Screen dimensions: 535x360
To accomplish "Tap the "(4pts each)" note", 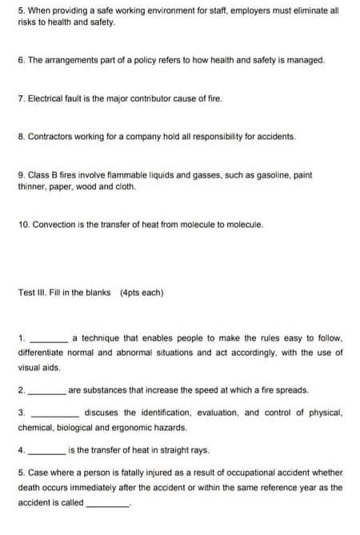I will [142, 293].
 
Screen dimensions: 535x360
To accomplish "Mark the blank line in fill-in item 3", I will [53, 415].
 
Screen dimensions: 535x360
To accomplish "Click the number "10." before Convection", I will [23, 225].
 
